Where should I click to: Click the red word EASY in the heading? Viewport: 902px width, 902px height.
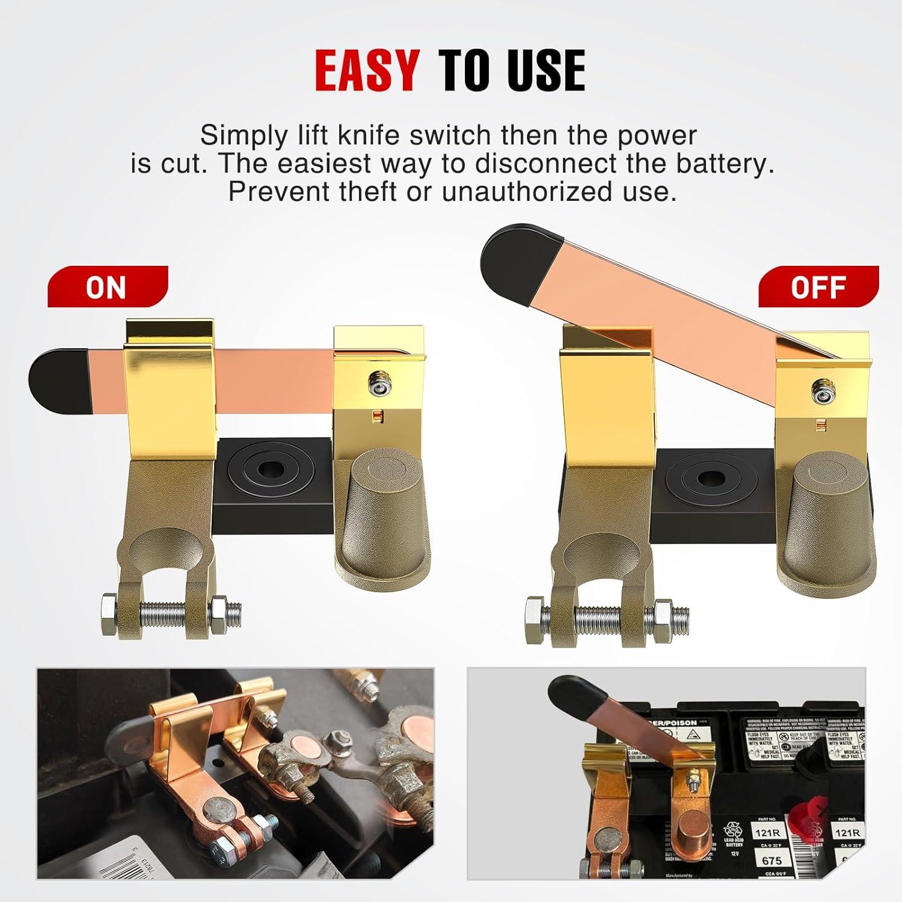point(367,70)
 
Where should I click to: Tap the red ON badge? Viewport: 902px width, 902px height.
point(106,287)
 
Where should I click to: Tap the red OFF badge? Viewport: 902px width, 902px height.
point(818,287)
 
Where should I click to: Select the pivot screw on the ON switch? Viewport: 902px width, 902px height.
point(378,382)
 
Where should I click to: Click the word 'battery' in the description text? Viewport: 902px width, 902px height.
point(728,164)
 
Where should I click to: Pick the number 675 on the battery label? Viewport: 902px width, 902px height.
point(772,861)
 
